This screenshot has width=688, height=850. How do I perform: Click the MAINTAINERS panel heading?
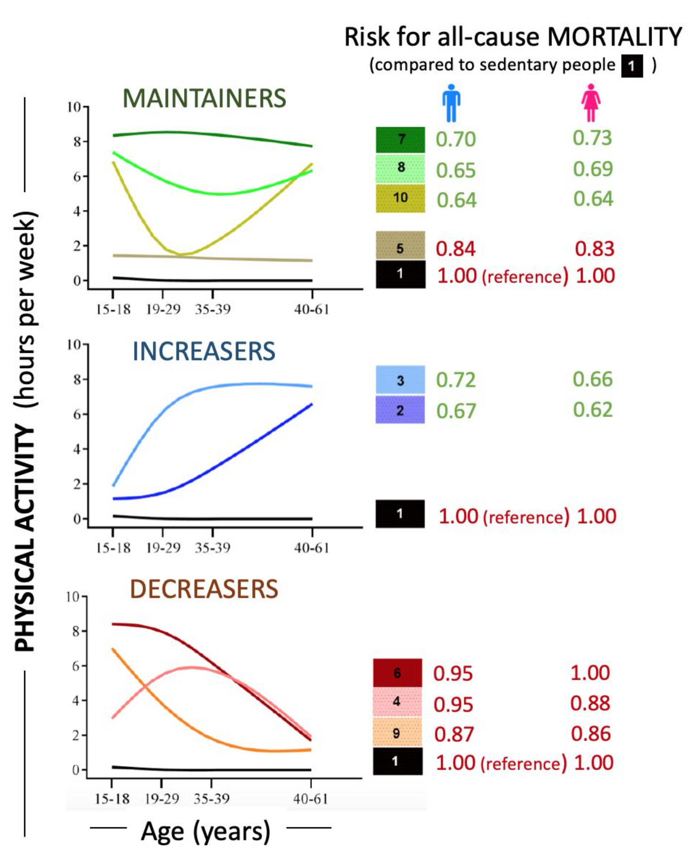point(204,98)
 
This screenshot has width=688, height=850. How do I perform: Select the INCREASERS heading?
point(204,351)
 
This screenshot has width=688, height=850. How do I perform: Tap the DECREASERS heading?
point(204,589)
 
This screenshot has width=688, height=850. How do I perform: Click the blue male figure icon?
point(451,103)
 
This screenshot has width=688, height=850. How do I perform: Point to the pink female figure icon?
point(590,103)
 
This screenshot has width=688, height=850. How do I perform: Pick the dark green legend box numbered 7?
point(400,140)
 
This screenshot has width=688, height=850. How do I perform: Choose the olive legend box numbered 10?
point(400,198)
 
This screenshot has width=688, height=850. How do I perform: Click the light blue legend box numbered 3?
point(400,380)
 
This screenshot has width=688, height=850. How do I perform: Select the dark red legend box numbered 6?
point(397,673)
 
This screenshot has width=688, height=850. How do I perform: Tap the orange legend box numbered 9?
point(397,733)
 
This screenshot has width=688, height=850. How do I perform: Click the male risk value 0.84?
point(455,249)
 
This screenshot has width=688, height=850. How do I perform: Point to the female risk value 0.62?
point(593,410)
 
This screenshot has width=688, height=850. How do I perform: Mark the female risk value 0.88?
point(590,703)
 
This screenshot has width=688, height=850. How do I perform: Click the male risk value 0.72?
point(455,380)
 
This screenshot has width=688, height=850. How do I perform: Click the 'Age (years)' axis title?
point(206,831)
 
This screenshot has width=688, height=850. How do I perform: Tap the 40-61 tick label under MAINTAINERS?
point(311,310)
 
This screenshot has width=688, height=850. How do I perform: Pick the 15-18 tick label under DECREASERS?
point(112,799)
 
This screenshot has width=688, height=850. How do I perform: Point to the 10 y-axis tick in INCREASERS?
point(74,345)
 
